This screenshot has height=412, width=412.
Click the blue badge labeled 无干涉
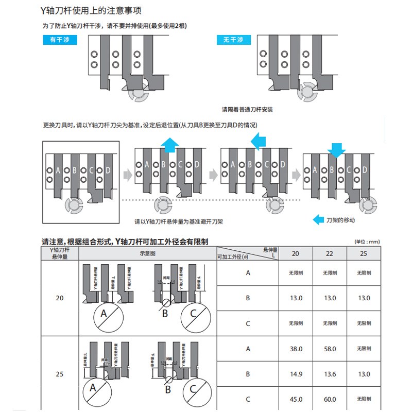click(232, 40)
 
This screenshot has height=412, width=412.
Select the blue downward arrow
click(336, 149)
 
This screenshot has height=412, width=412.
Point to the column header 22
click(330, 254)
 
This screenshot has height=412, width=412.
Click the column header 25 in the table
click(364, 254)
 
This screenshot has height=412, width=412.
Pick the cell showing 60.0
click(330, 399)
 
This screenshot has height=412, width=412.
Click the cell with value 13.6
click(330, 374)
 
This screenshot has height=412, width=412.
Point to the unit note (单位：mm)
click(367, 242)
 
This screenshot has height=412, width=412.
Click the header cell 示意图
click(147, 254)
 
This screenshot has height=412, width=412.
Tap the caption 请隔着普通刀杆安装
click(247, 110)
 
